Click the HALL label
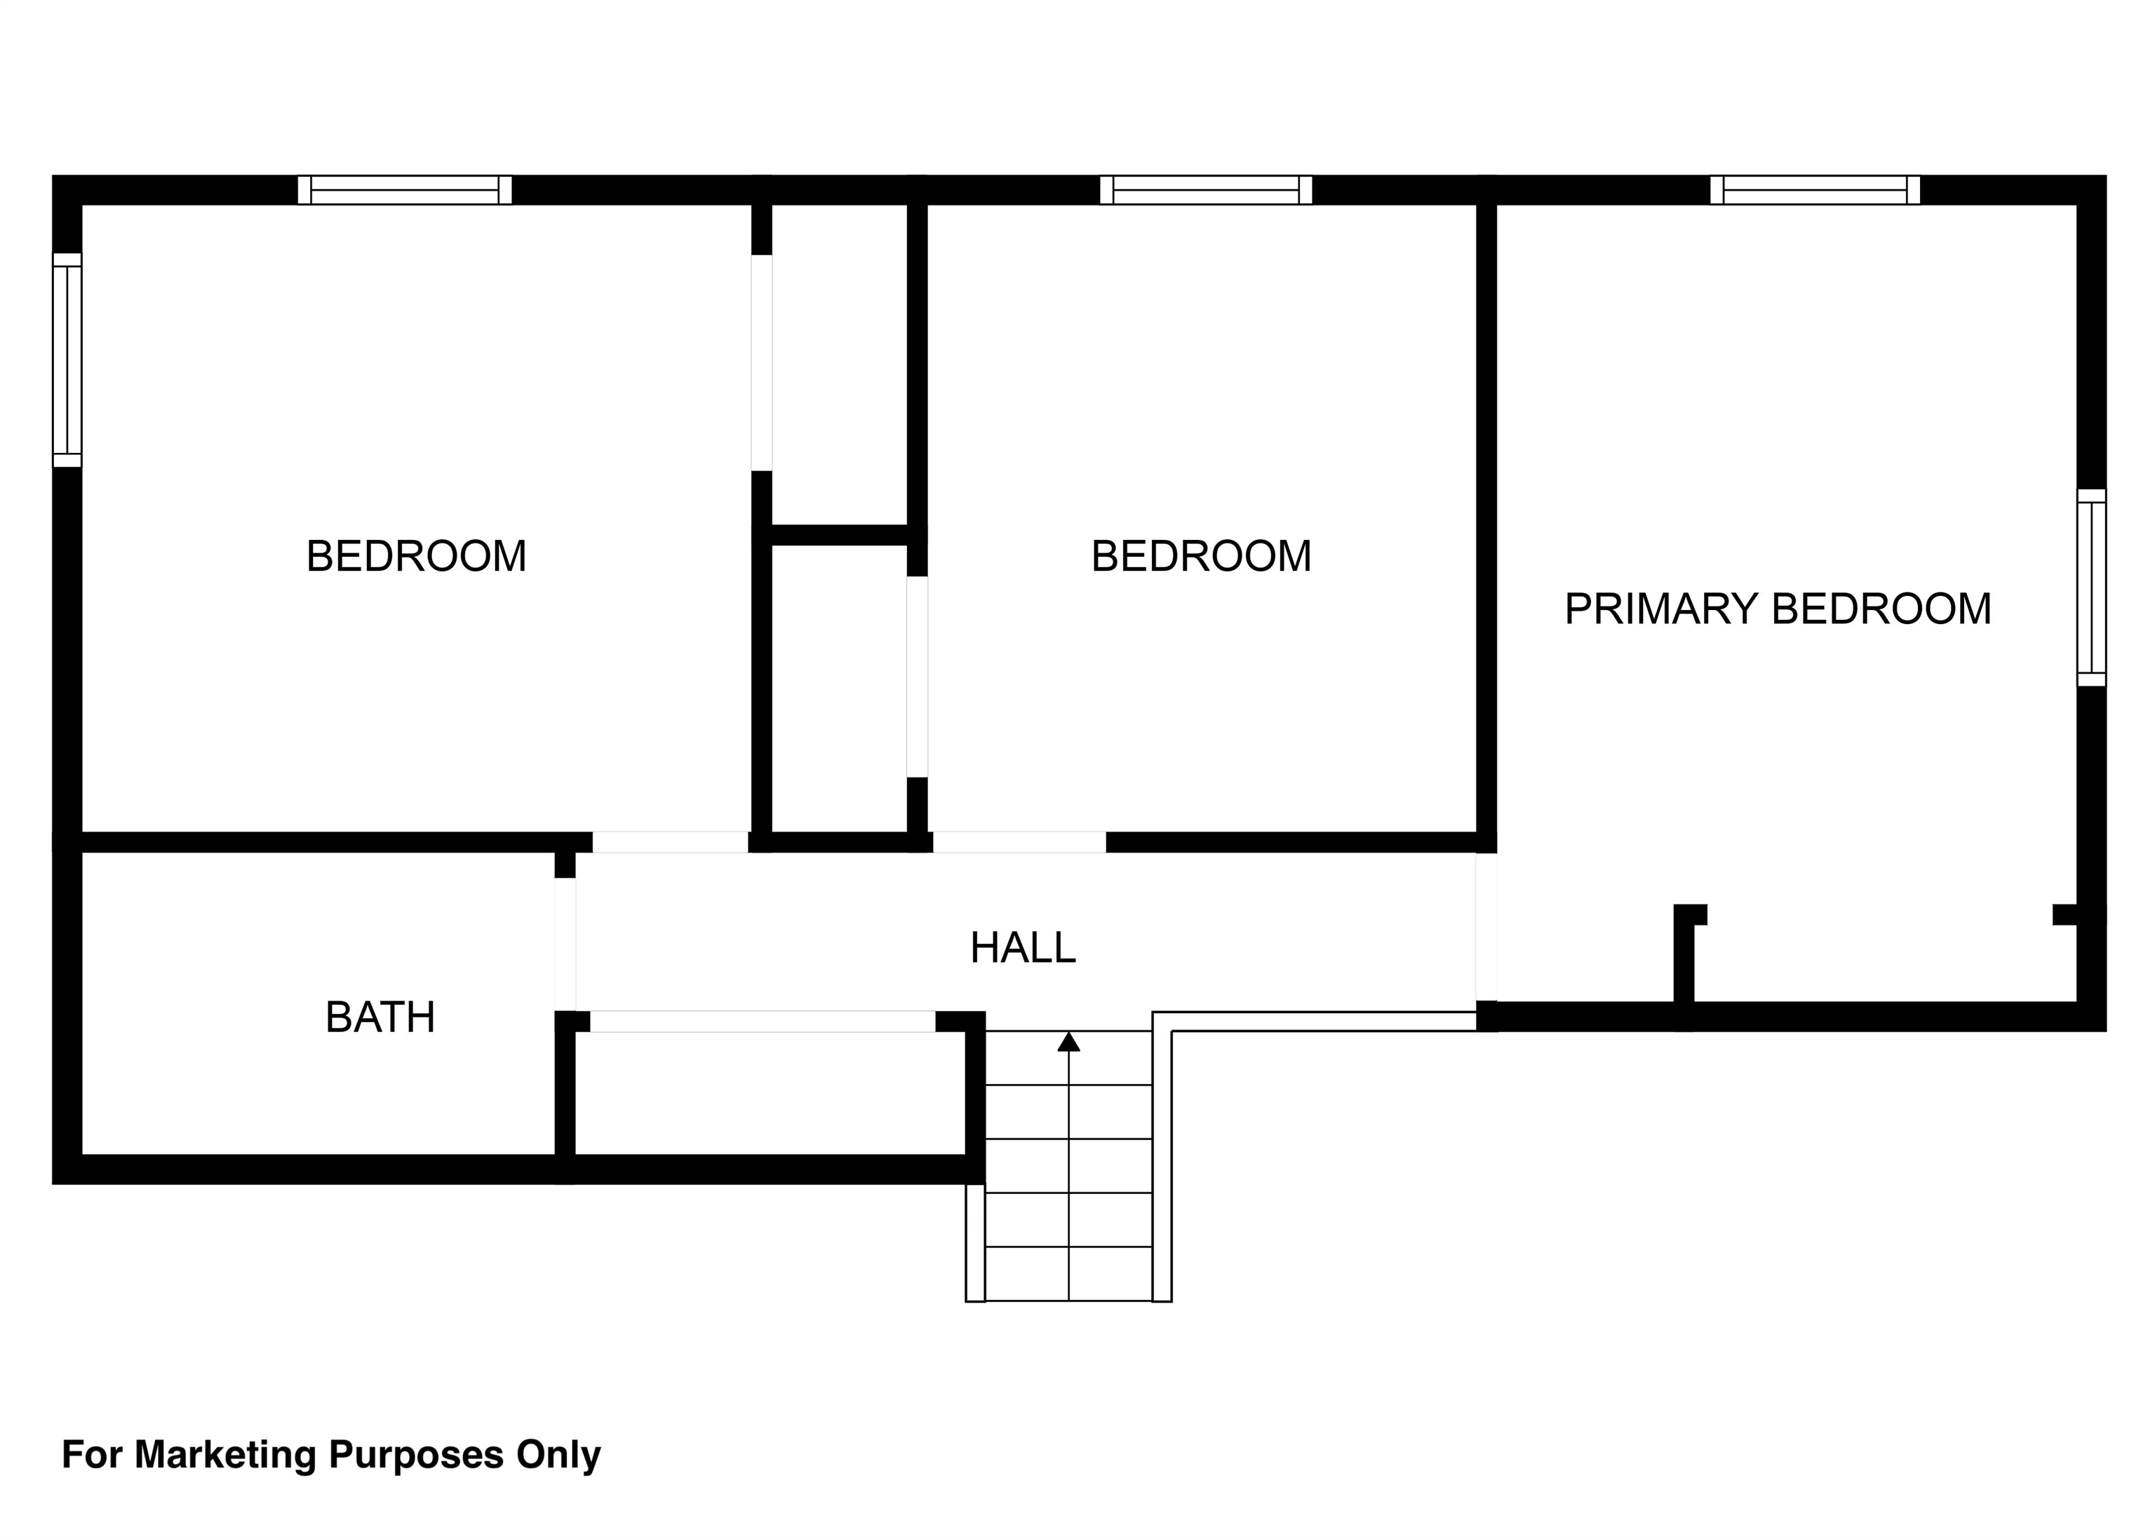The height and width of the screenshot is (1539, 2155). click(x=1022, y=948)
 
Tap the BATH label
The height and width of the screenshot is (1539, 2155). click(x=380, y=1018)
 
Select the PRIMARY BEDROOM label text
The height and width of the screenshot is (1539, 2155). click(x=1778, y=609)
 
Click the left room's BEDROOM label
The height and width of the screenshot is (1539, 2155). click(x=416, y=556)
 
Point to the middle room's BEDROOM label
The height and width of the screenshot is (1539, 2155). click(x=1201, y=556)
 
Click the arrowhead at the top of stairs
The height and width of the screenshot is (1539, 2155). click(x=1068, y=1041)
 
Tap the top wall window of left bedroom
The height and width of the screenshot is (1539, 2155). click(x=405, y=189)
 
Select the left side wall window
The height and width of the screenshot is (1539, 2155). click(x=67, y=360)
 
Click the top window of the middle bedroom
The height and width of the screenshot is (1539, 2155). click(x=1206, y=189)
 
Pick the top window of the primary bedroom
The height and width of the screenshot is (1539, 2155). click(x=1815, y=189)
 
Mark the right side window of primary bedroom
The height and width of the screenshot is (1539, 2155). click(x=2091, y=588)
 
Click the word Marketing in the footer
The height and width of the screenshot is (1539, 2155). click(x=226, y=1455)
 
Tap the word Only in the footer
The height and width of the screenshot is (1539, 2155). click(x=558, y=1455)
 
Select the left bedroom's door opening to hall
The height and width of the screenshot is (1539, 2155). click(x=671, y=841)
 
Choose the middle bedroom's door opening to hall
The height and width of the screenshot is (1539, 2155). click(x=1019, y=841)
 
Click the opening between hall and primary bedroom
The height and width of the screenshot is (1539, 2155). click(x=1486, y=927)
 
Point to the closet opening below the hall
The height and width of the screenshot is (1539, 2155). click(x=763, y=1022)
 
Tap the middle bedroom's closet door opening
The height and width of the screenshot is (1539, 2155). click(x=917, y=677)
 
